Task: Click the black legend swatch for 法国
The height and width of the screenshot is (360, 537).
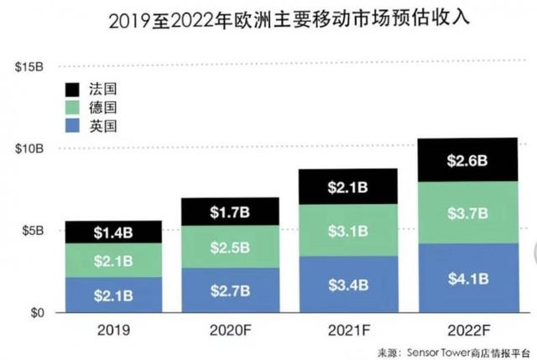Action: tap(72, 88)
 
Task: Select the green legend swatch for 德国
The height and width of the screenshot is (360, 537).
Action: tap(72, 107)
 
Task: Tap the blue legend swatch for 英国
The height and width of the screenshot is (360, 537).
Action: tap(72, 127)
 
